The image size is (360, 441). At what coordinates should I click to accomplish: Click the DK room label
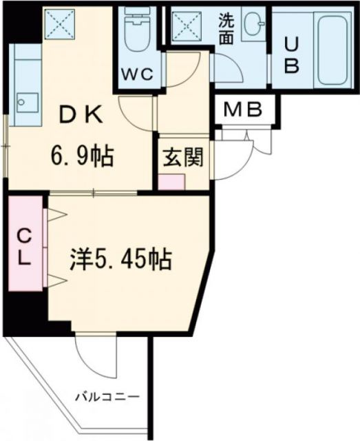tap(81, 116)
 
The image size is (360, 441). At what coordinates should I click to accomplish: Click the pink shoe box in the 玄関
tap(172, 182)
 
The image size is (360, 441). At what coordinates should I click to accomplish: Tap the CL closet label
tap(25, 248)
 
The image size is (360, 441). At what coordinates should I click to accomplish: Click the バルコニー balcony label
tap(107, 397)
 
